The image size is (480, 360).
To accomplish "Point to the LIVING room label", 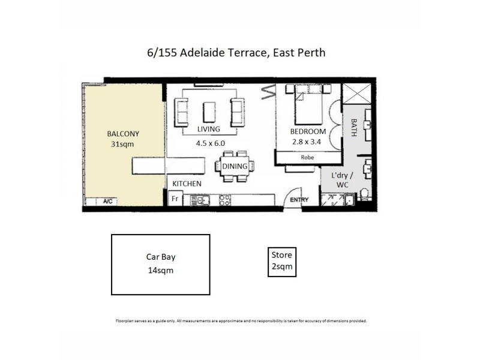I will click(208, 129).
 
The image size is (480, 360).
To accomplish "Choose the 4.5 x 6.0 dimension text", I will click(208, 144).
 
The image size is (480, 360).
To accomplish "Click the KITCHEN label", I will click(187, 184).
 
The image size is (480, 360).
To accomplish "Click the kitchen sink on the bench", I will click(202, 199).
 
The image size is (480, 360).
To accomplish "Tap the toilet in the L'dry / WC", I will click(364, 193).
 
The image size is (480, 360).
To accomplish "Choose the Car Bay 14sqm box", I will click(161, 265).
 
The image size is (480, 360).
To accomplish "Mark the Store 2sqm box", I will click(281, 262).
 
